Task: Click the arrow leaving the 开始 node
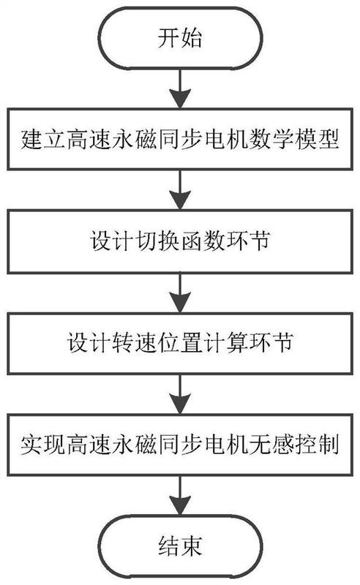click(x=180, y=88)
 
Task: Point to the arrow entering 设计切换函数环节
click(x=180, y=190)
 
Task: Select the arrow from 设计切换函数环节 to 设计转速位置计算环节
click(x=180, y=292)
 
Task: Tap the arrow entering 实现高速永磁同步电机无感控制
click(x=180, y=394)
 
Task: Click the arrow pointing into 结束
click(x=180, y=496)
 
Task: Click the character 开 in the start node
click(x=168, y=38)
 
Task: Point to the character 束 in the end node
click(x=192, y=546)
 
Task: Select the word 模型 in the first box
click(x=317, y=139)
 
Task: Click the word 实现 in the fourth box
click(x=43, y=445)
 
